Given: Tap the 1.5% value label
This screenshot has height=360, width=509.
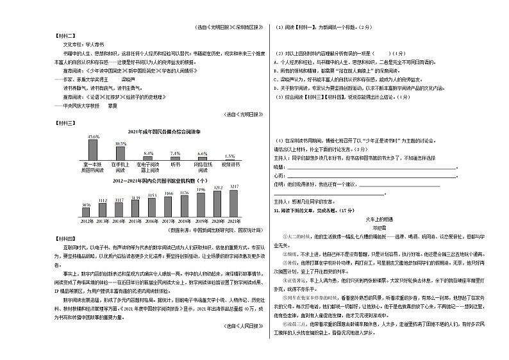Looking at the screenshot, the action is point(229,156).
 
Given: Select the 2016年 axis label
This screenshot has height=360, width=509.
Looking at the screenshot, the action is point(153,222).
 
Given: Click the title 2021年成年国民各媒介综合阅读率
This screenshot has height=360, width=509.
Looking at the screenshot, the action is point(160,130).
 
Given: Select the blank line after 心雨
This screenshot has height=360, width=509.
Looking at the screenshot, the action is point(372,175).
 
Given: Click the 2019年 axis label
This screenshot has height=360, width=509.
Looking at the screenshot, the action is point(201,222).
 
